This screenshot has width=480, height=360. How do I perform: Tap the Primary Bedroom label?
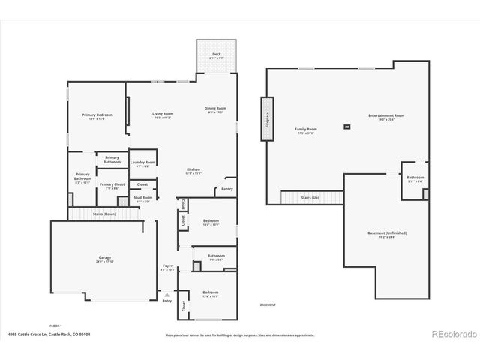point(101,115)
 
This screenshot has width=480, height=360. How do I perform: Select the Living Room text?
point(163,115)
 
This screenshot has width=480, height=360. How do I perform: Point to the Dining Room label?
point(215,109)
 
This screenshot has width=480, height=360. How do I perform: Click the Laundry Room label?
point(142,163)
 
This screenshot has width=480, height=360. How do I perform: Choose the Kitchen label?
point(193,171)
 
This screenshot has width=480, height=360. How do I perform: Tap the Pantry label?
point(226,190)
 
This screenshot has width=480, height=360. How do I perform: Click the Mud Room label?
point(142,199)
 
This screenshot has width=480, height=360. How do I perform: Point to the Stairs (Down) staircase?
point(104,214)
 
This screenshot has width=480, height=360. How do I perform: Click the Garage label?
point(104,258)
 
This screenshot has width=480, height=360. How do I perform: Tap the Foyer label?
point(167,266)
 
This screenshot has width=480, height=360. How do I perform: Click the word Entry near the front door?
point(166,301)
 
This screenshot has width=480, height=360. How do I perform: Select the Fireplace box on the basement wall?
point(266,118)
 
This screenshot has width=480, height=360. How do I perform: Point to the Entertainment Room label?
point(386,116)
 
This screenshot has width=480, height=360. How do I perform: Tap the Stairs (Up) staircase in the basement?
point(310,197)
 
